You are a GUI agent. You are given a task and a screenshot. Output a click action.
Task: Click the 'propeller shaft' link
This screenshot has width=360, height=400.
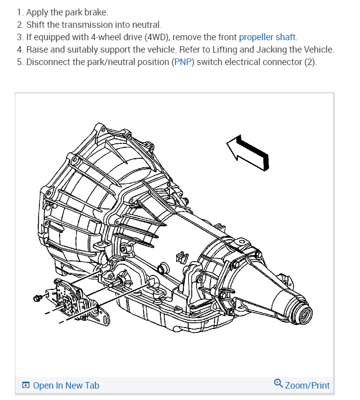267,37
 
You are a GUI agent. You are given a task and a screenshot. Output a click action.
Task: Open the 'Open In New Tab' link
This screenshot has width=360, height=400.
66,386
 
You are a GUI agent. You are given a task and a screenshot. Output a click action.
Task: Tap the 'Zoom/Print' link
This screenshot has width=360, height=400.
307,385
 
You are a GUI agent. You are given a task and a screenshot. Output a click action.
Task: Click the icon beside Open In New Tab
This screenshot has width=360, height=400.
26,386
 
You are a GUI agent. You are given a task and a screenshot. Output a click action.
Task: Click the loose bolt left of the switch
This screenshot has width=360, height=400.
37,298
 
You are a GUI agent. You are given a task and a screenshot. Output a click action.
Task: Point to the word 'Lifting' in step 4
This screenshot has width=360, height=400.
228,50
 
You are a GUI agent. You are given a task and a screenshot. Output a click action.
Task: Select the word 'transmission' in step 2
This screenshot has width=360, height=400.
86,24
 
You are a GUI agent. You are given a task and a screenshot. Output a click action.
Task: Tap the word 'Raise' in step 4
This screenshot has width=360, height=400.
38,50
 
